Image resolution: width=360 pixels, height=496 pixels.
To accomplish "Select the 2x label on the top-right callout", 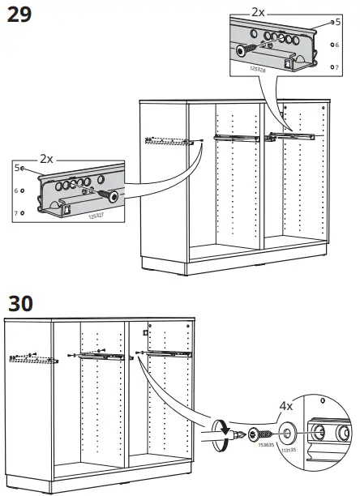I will click(x=259, y=13).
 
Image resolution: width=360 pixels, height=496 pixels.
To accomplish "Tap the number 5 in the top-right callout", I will click(x=337, y=23).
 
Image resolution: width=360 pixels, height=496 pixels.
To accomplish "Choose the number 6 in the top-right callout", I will click(x=337, y=45).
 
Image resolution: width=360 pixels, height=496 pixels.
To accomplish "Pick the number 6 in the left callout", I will click(x=15, y=190).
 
